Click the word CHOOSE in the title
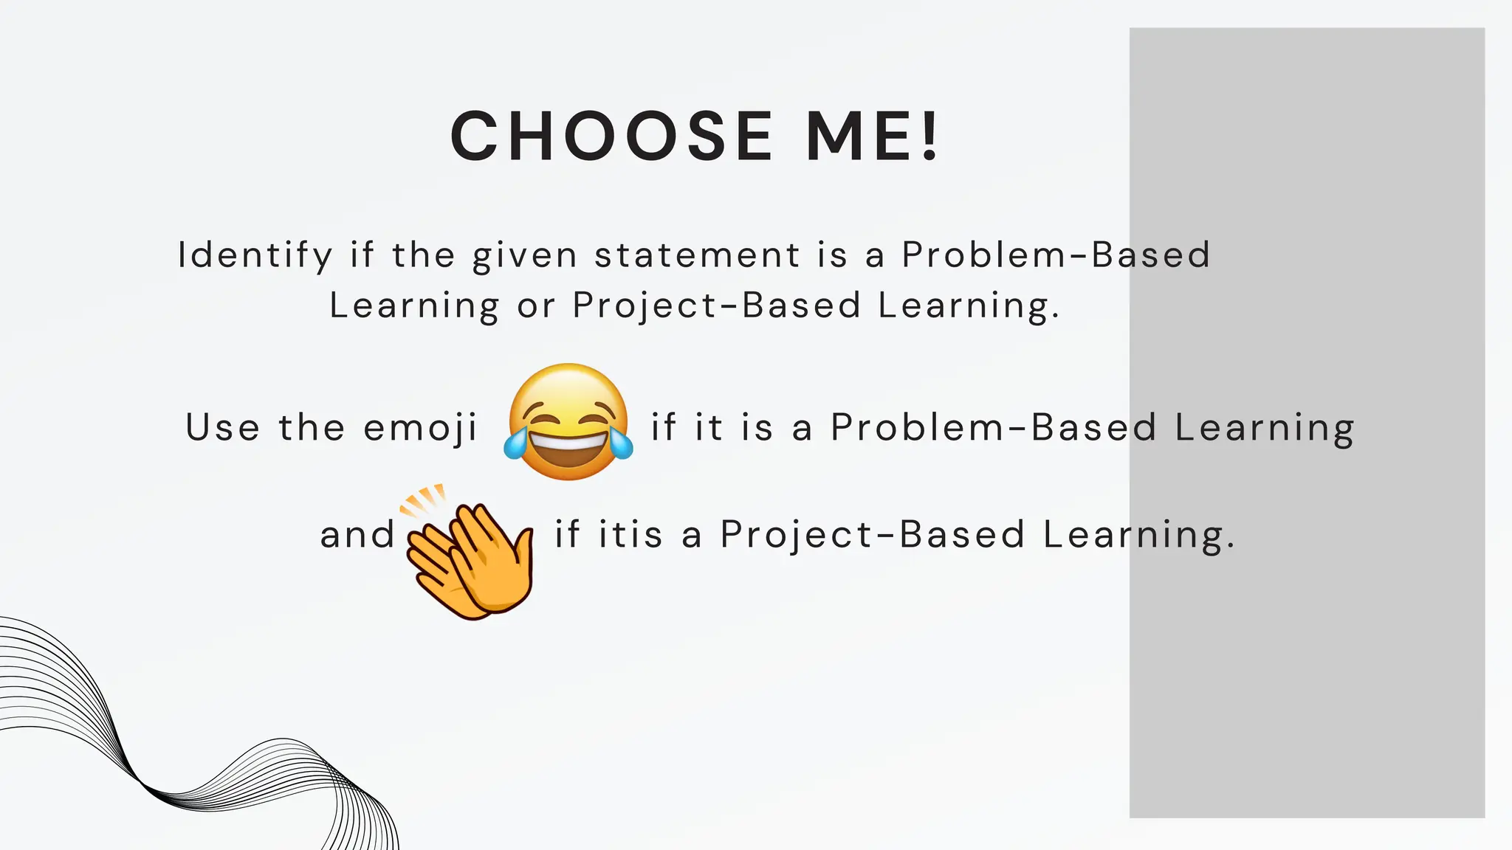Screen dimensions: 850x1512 click(x=611, y=136)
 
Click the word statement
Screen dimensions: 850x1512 click(x=697, y=255)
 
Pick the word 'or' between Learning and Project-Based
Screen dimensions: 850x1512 click(x=535, y=305)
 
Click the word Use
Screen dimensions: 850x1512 click(x=222, y=428)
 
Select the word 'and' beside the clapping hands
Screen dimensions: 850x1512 click(x=358, y=534)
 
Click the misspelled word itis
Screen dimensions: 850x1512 click(x=630, y=534)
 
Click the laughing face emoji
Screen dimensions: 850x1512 click(x=568, y=421)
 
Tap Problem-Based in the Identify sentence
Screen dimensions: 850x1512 click(x=1056, y=255)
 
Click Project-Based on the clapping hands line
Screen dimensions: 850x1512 click(x=873, y=534)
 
